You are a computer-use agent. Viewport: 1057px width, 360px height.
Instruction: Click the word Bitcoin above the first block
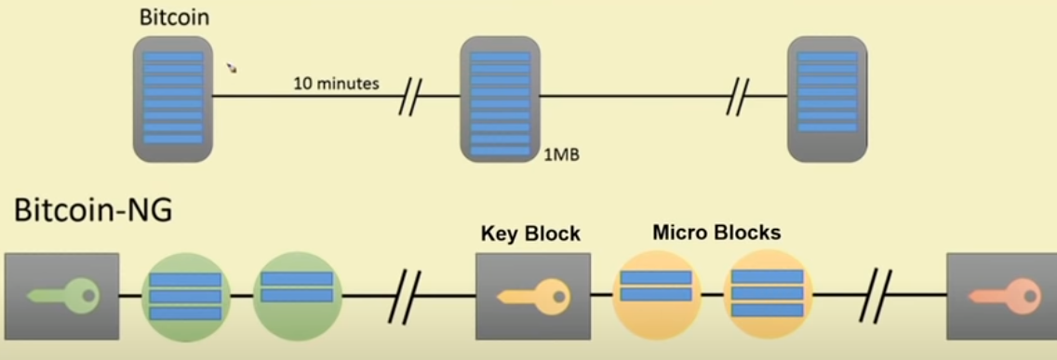tap(174, 18)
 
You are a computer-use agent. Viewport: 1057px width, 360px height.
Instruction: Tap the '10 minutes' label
tap(336, 84)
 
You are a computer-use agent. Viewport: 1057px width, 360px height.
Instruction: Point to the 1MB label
tap(562, 154)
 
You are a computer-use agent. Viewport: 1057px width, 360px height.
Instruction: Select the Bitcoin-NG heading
tap(93, 210)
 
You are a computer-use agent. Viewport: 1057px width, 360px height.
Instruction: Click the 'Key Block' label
tap(530, 233)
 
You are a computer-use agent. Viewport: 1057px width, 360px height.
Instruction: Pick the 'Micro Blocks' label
tap(716, 232)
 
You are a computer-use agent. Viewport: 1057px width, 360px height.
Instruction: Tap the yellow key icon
tap(531, 296)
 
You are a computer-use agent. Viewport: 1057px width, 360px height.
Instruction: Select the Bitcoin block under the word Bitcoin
tap(173, 99)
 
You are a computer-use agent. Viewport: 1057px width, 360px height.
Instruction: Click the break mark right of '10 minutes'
tap(409, 97)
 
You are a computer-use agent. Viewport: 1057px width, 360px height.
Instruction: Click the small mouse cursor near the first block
tap(232, 68)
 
